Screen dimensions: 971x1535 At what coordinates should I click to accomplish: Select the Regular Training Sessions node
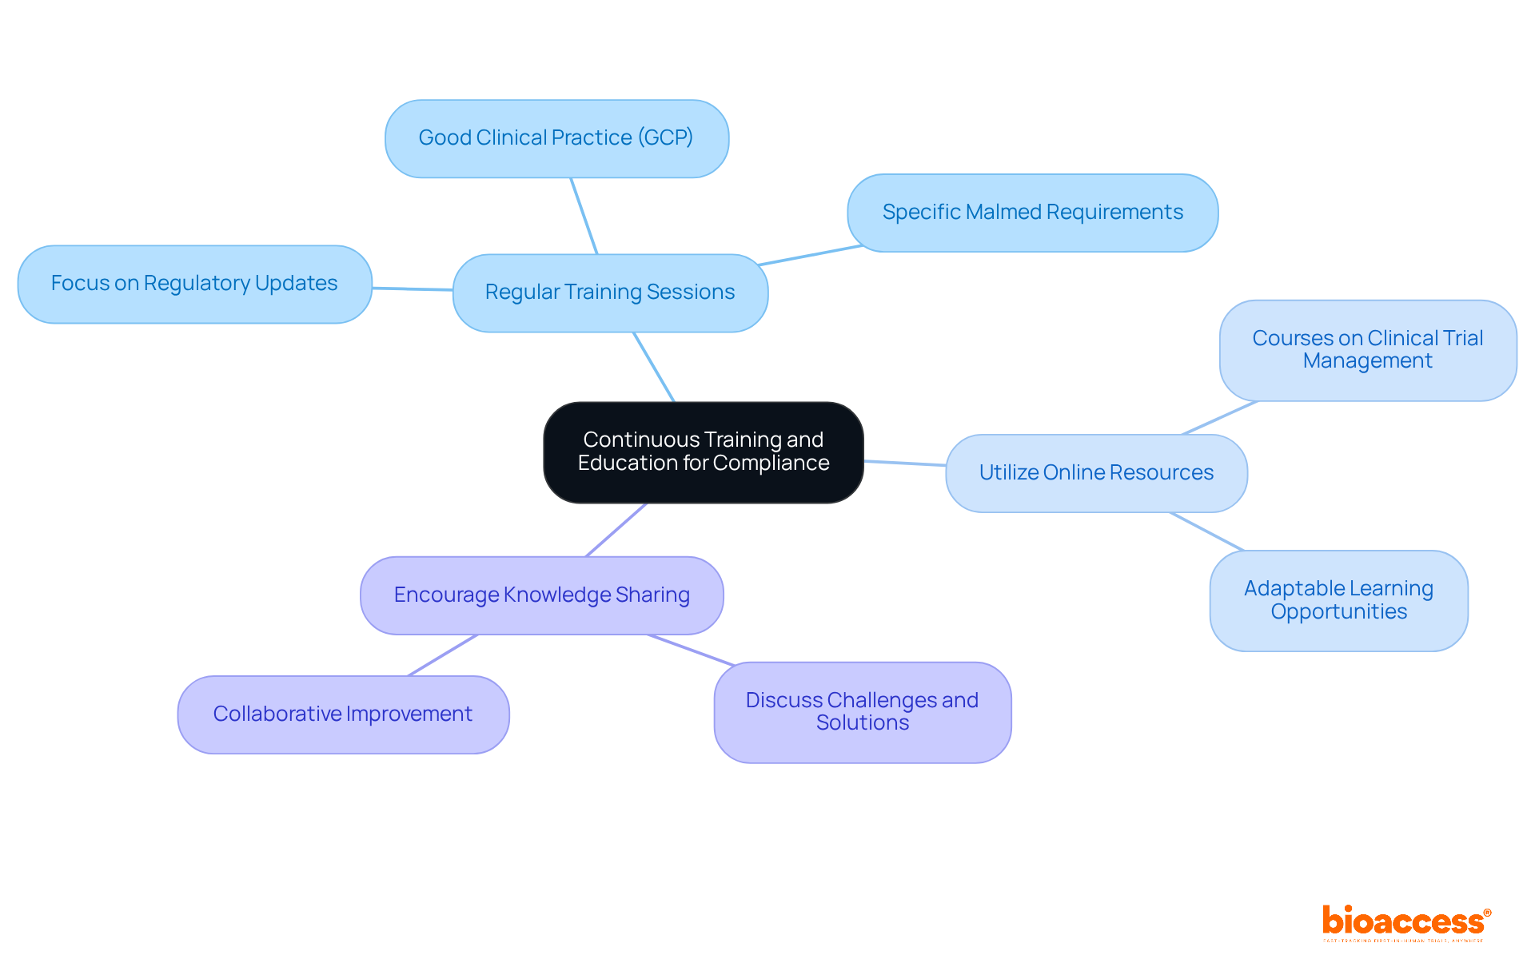[610, 292]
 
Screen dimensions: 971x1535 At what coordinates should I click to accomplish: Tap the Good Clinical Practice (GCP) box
[556, 138]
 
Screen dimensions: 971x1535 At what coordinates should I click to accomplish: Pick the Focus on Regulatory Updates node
[194, 284]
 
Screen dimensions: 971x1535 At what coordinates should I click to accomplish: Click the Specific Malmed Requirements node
[1032, 213]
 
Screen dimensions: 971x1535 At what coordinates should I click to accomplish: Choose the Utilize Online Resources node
[1096, 473]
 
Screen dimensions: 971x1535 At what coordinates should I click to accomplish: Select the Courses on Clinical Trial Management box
[1367, 350]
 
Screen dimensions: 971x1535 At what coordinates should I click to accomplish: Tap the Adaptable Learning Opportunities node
[1338, 600]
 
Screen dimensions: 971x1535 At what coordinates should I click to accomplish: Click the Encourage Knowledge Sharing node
[541, 595]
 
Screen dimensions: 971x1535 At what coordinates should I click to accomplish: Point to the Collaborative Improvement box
[343, 714]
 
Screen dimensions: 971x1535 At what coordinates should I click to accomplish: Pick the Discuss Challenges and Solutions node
[862, 712]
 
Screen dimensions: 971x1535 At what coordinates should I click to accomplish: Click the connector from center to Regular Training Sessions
[654, 367]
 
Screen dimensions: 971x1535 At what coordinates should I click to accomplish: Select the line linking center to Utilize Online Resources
[904, 463]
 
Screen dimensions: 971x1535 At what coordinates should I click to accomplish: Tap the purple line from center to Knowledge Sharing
[616, 530]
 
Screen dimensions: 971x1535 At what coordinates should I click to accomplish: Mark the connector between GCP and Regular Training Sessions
[584, 216]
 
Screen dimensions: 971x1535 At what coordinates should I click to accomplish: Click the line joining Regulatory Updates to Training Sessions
[412, 289]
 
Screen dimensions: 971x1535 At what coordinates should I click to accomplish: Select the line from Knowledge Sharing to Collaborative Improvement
[443, 655]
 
